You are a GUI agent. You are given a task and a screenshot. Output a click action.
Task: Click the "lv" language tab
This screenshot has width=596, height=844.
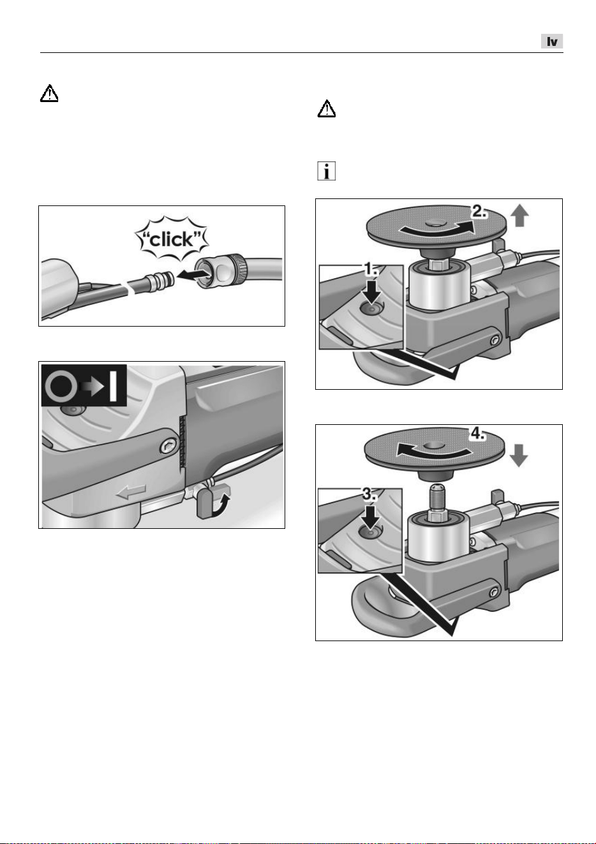point(551,41)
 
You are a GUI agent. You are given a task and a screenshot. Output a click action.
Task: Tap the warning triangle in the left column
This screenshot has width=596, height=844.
point(49,93)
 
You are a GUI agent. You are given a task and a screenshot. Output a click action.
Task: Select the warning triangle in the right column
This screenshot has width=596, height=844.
point(327,109)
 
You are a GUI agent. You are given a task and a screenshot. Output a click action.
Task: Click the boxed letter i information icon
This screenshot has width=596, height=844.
point(326,172)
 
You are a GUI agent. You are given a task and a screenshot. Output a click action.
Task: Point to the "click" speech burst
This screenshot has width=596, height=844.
point(172,239)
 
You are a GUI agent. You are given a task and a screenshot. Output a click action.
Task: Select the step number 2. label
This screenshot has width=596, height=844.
point(479,212)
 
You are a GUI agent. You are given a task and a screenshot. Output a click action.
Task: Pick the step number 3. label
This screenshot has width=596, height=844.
point(369,494)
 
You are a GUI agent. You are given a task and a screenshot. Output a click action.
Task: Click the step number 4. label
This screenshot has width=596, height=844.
point(477,434)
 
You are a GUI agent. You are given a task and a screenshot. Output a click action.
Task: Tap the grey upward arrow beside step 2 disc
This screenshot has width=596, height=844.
point(519,216)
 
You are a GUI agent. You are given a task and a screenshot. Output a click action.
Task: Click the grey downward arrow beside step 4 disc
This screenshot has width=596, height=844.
point(518,455)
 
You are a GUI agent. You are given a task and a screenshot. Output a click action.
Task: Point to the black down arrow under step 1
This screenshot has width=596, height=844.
point(371,290)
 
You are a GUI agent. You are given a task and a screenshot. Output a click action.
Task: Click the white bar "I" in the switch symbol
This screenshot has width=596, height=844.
point(113,386)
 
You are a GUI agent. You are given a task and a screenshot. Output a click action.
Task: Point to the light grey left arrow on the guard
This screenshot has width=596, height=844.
point(131,492)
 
